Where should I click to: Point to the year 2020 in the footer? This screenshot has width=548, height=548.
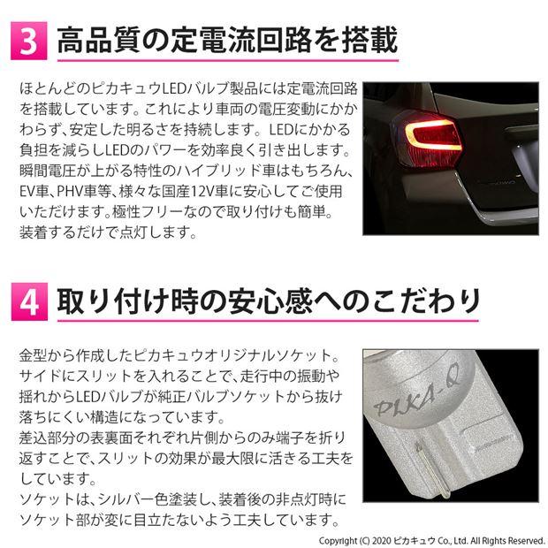click(394, 537)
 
